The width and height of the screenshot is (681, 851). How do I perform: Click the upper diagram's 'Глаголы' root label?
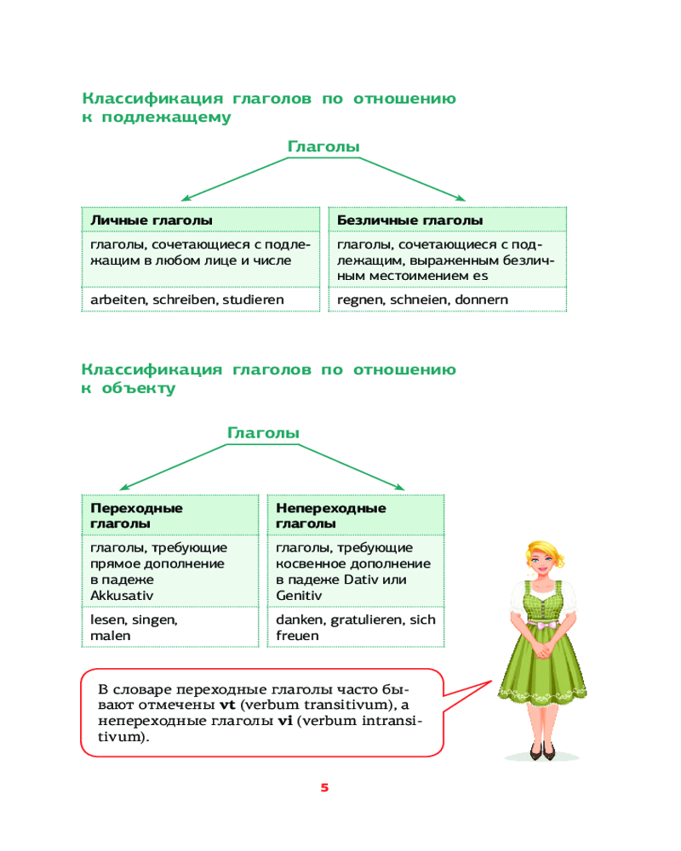323,146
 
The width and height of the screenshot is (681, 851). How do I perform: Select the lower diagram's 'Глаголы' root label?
263,433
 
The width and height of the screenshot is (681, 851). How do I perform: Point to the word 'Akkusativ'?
122,596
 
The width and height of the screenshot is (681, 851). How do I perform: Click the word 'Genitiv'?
299,596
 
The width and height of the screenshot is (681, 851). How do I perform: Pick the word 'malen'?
111,636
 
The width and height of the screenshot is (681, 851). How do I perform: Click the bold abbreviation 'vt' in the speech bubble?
227,705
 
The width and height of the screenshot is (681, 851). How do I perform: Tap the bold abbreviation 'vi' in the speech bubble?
285,721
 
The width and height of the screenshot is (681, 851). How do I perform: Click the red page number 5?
324,787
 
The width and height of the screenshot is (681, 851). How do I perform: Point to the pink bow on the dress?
544,625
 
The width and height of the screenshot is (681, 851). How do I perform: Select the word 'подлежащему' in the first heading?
166,117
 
